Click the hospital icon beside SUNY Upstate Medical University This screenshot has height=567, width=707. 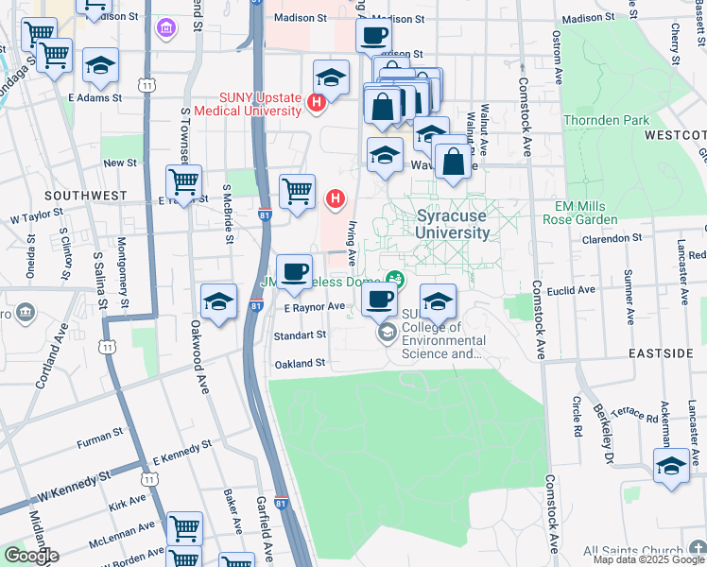[x=317, y=102]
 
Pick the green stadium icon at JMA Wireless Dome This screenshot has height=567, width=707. [x=395, y=279]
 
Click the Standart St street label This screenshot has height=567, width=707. [x=300, y=335]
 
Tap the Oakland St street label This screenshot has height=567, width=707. [x=300, y=363]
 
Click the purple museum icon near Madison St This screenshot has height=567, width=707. [x=166, y=29]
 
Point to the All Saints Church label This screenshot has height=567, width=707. [x=631, y=551]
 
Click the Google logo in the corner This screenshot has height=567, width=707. [x=30, y=556]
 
